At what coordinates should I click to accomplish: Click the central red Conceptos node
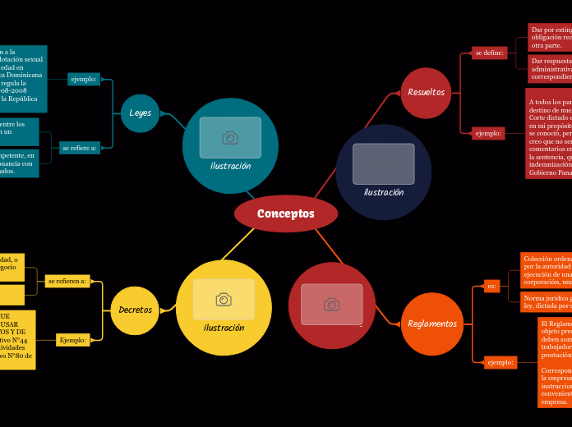pos(286,213)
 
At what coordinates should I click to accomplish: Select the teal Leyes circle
pos(140,112)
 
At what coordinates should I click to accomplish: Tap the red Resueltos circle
pos(426,92)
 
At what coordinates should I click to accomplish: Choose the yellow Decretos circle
pos(135,310)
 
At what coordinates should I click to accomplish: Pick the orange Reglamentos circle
pos(431,324)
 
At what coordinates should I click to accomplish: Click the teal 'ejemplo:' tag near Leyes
pos(84,80)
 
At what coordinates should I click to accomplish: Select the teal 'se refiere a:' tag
pos(79,148)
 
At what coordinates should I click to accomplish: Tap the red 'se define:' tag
pos(489,53)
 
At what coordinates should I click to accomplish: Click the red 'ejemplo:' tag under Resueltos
pos(488,132)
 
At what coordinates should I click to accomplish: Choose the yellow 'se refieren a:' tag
pos(67,281)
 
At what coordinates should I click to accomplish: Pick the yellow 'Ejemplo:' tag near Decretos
pos(73,340)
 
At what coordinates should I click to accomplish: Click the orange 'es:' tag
pos(491,286)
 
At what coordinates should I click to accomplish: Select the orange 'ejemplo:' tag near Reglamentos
pos(500,362)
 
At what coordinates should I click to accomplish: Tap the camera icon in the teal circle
pos(230,137)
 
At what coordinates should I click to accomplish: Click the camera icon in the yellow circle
pos(224,299)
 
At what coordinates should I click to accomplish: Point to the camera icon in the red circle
pos(331,304)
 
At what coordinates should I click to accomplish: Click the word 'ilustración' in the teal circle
pos(230,166)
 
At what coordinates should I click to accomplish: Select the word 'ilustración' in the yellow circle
pos(224,328)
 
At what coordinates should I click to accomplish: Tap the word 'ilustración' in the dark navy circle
pos(384,192)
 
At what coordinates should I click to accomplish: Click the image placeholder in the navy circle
pos(384,163)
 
